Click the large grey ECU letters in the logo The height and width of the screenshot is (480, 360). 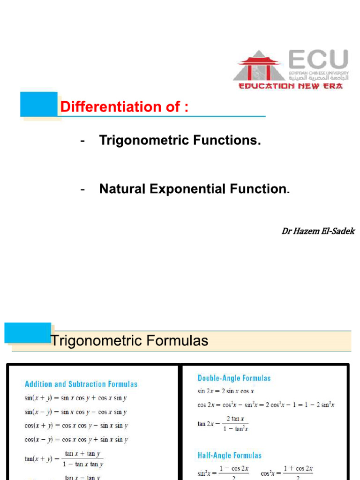coord(318,60)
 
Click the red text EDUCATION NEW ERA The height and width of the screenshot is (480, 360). coord(291,86)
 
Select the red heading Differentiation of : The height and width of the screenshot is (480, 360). coord(124,107)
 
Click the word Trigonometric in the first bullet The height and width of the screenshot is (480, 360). coord(141,140)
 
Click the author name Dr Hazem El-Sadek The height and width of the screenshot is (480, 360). coord(318,231)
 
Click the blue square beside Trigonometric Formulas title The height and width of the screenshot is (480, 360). coord(28,333)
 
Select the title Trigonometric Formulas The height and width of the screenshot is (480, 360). coord(129,340)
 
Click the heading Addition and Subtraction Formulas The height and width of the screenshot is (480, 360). coord(81,384)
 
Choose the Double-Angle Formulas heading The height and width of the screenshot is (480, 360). coord(234,378)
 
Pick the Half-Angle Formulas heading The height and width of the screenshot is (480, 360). coord(229,455)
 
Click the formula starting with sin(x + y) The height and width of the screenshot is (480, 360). coord(76,398)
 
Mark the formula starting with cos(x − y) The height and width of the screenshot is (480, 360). coord(76,440)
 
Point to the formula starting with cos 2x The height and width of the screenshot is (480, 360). coord(266,405)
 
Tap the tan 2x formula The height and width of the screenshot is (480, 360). coord(223,424)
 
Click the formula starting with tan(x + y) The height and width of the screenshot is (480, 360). coord(64,459)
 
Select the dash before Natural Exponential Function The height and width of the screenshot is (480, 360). coord(82,189)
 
